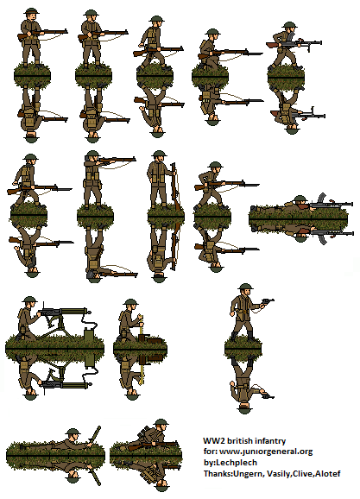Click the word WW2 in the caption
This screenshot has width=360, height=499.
pos(212,440)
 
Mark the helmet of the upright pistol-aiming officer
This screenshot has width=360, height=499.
pos(241,294)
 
